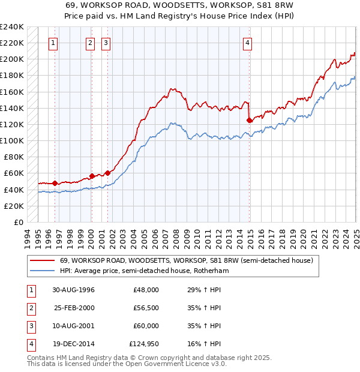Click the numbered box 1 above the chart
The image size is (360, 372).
[54, 43]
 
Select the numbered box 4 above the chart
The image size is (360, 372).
[247, 43]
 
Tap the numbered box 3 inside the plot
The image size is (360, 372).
[106, 43]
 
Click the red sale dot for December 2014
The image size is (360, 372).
[249, 121]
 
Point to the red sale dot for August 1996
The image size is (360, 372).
[55, 183]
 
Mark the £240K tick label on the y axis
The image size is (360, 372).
[12, 27]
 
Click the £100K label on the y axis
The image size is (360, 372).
[12, 140]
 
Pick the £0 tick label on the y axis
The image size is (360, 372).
[19, 222]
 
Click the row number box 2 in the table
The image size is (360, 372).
[31, 308]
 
